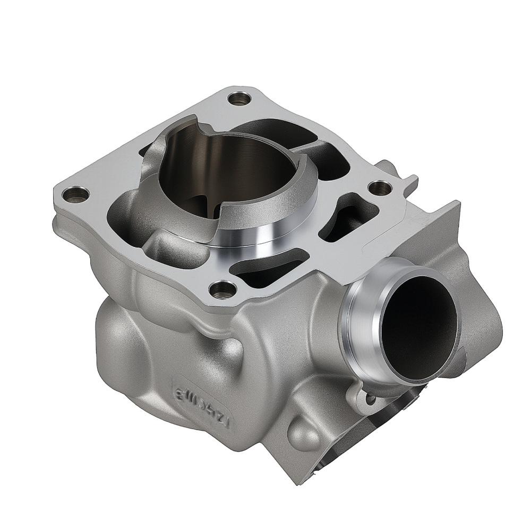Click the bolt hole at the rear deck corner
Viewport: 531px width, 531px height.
[237, 99]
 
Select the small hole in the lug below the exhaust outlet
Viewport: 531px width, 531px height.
[371, 397]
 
